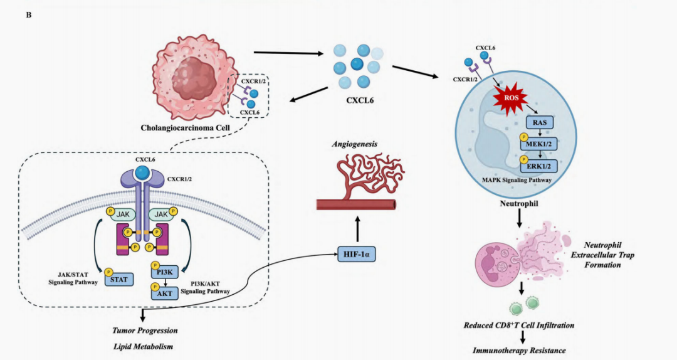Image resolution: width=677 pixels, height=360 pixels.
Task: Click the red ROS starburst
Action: [511, 98]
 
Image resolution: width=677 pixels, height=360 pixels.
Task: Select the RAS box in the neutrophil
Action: [539, 122]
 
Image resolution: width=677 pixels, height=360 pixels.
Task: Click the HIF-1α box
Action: [356, 255]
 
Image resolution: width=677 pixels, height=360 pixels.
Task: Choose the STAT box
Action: [118, 279]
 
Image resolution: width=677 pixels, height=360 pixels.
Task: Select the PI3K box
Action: [164, 272]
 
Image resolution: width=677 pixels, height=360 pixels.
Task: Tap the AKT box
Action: [164, 293]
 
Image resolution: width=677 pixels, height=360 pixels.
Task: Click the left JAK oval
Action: [123, 214]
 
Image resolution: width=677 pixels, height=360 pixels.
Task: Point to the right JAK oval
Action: [161, 214]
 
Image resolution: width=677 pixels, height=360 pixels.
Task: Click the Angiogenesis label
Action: [354, 144]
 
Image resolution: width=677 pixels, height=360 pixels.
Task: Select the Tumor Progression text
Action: [145, 331]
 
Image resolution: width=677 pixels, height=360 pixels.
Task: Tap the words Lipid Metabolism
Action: [144, 347]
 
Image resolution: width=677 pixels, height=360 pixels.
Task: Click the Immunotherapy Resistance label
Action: [519, 351]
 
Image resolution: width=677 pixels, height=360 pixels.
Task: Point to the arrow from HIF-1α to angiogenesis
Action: [357, 229]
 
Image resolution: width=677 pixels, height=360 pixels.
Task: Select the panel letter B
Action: [28, 15]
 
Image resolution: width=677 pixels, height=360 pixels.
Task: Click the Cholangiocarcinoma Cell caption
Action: [185, 128]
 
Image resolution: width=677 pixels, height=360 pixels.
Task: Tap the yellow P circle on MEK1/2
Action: [523, 138]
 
